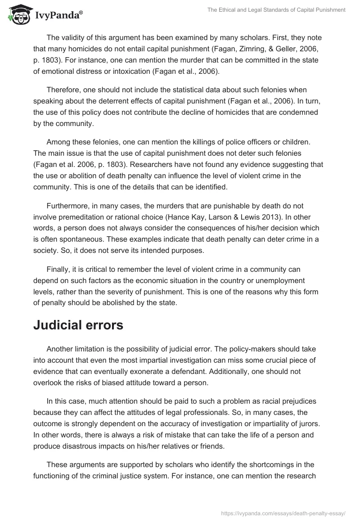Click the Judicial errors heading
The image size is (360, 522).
tap(78, 325)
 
